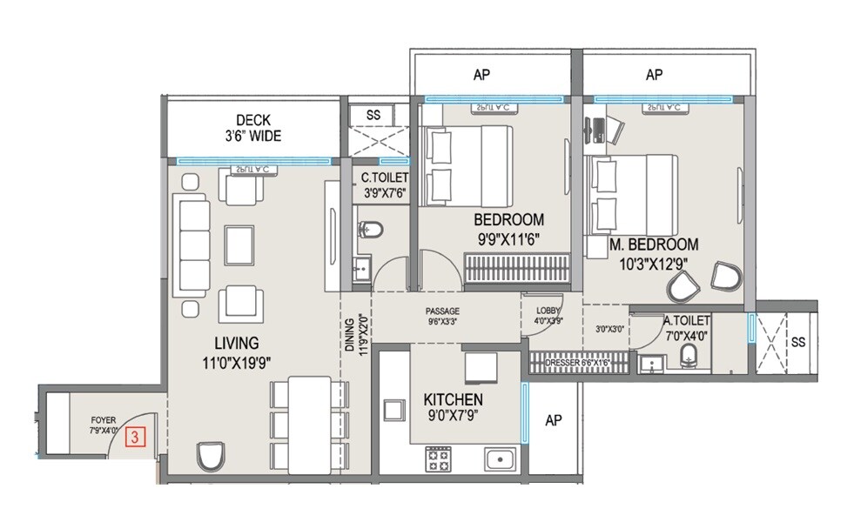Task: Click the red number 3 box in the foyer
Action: click(135, 437)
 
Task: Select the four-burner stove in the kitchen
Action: click(437, 458)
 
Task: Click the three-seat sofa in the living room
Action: click(190, 246)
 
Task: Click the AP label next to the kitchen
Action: click(553, 421)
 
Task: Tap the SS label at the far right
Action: click(798, 343)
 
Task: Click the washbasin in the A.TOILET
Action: click(649, 365)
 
